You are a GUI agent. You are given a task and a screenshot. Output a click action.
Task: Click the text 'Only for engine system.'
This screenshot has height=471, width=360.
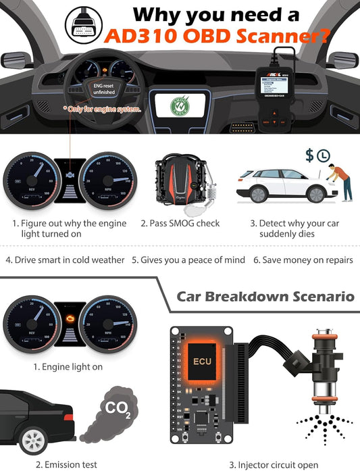[x=103, y=108]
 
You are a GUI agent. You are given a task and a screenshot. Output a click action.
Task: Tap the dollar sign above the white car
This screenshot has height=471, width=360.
[x=309, y=155]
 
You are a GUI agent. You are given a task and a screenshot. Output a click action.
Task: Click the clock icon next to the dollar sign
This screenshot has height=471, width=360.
[x=324, y=156]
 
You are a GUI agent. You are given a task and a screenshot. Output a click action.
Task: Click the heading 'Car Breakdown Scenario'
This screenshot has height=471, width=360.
[x=265, y=296]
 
